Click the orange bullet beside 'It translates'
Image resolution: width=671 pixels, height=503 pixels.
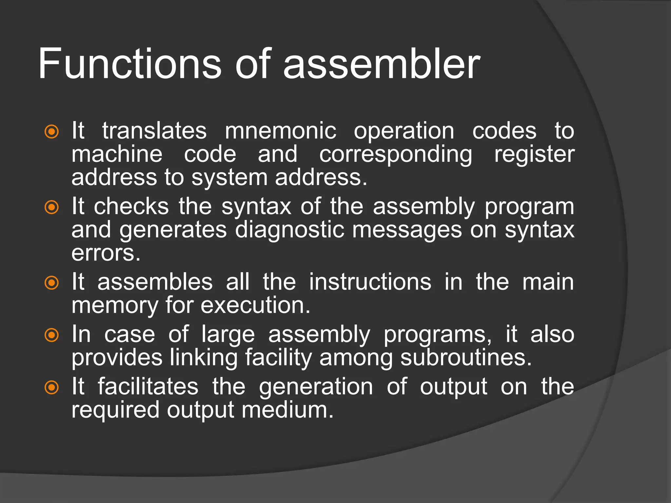(x=51, y=132)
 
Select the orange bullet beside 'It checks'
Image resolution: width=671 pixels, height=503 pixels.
(x=51, y=207)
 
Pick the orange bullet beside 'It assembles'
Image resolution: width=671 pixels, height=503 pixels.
(x=51, y=283)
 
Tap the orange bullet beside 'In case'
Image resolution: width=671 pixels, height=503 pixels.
(x=51, y=335)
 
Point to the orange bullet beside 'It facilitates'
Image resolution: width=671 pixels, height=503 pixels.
(x=51, y=387)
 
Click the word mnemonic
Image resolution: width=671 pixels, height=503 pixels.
(x=280, y=131)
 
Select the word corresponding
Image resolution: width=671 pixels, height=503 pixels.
(x=396, y=155)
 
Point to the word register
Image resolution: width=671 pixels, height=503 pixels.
(x=534, y=155)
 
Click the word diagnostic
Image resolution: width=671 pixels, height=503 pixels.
(x=290, y=230)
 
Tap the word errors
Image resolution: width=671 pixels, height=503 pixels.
(x=106, y=253)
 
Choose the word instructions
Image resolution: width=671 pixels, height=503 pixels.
(x=370, y=282)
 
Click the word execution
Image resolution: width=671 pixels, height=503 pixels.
(x=255, y=305)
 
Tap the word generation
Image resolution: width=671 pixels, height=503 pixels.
(x=316, y=387)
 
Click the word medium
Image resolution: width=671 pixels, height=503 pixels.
(x=287, y=410)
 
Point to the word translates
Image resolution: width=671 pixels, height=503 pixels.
(x=154, y=131)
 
